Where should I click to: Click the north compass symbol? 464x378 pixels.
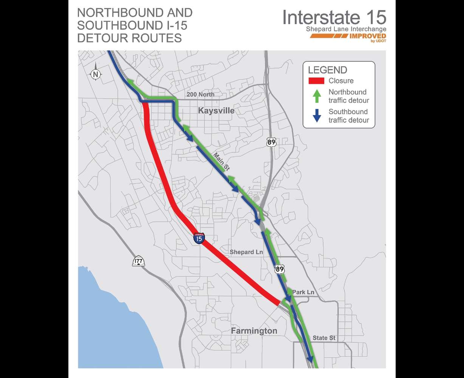96,74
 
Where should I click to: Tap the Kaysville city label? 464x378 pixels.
216,111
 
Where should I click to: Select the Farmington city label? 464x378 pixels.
254,331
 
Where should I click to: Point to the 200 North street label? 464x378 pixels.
200,94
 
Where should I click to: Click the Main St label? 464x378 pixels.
221,162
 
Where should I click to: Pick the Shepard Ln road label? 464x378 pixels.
246,252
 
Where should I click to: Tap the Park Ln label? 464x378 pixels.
303,292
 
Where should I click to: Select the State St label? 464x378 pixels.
324,338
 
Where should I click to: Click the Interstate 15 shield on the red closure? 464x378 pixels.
199,238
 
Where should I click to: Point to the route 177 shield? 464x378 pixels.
138,261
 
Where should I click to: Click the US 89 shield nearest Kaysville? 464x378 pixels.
271,142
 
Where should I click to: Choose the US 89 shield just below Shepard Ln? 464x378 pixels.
279,269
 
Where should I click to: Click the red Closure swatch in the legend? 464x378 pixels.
317,81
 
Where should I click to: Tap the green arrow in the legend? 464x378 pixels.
317,96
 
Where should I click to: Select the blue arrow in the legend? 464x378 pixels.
317,116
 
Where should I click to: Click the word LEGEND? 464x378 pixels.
327,70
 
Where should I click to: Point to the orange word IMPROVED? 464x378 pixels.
367,36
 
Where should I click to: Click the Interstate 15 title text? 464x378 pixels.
334,17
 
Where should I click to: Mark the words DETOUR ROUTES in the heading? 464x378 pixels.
129,38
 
